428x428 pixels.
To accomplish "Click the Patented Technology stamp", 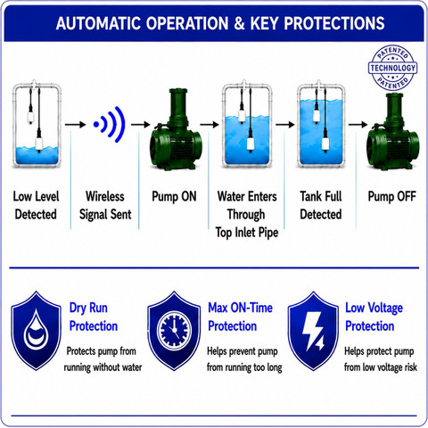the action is [392, 68].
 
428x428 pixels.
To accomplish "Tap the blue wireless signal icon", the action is [110, 124].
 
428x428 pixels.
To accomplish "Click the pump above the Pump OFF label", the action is [393, 132].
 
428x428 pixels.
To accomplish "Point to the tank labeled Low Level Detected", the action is [37, 124].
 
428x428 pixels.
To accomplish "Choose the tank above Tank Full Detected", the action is [321, 124].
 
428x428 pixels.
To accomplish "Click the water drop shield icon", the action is [37, 331].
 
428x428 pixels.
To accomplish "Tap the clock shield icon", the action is [174, 331].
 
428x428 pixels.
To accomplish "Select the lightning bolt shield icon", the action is [313, 331].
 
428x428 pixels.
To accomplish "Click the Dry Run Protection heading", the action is [94, 317].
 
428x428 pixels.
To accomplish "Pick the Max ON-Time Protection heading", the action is [240, 317].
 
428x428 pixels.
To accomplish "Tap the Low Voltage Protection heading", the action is [374, 317].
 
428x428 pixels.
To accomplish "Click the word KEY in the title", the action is [264, 23].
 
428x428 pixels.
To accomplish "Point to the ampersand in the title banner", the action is [239, 23].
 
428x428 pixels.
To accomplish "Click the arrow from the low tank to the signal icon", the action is [76, 125].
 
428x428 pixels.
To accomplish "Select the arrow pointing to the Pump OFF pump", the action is [358, 124].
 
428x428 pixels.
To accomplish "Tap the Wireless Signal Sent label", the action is [105, 205].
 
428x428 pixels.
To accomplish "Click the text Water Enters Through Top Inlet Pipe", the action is [247, 214].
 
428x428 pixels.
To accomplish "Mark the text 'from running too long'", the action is [244, 367].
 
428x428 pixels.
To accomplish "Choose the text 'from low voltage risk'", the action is [381, 367].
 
